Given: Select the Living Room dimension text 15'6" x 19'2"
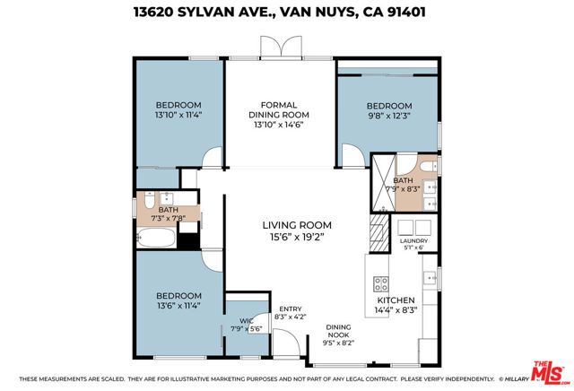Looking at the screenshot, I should pos(297,238).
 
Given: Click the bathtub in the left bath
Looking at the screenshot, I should pos(158,239).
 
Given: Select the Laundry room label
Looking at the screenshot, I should pos(414,241).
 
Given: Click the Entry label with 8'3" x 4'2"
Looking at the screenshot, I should pos(290,312).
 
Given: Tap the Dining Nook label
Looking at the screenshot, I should pos(338,332).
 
